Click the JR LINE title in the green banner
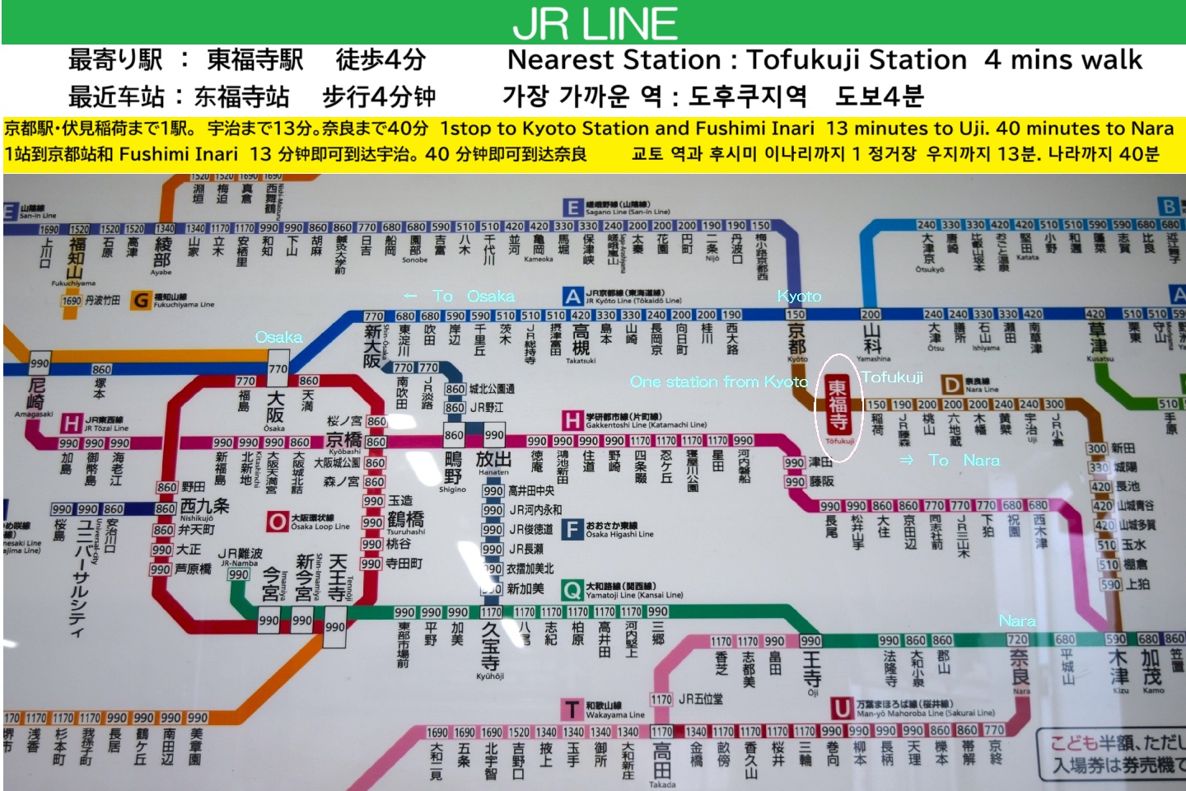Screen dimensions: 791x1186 point(595,23)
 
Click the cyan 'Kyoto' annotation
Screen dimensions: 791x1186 point(799,296)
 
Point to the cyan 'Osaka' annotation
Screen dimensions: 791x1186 point(278,337)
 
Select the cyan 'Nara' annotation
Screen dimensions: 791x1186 point(1017,620)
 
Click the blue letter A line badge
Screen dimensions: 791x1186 point(573,297)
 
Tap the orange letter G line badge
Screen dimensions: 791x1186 point(141,301)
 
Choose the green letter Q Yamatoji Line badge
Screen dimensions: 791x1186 point(572,590)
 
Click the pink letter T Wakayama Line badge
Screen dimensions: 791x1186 point(572,709)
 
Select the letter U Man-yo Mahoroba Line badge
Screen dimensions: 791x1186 point(842,709)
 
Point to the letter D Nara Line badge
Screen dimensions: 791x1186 point(952,385)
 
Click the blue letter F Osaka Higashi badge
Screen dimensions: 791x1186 point(572,529)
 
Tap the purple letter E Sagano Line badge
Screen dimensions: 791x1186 point(572,208)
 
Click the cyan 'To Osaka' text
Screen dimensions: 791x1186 point(459,296)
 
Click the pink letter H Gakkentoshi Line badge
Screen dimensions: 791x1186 point(572,420)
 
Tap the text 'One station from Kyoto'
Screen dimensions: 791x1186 point(719,381)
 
